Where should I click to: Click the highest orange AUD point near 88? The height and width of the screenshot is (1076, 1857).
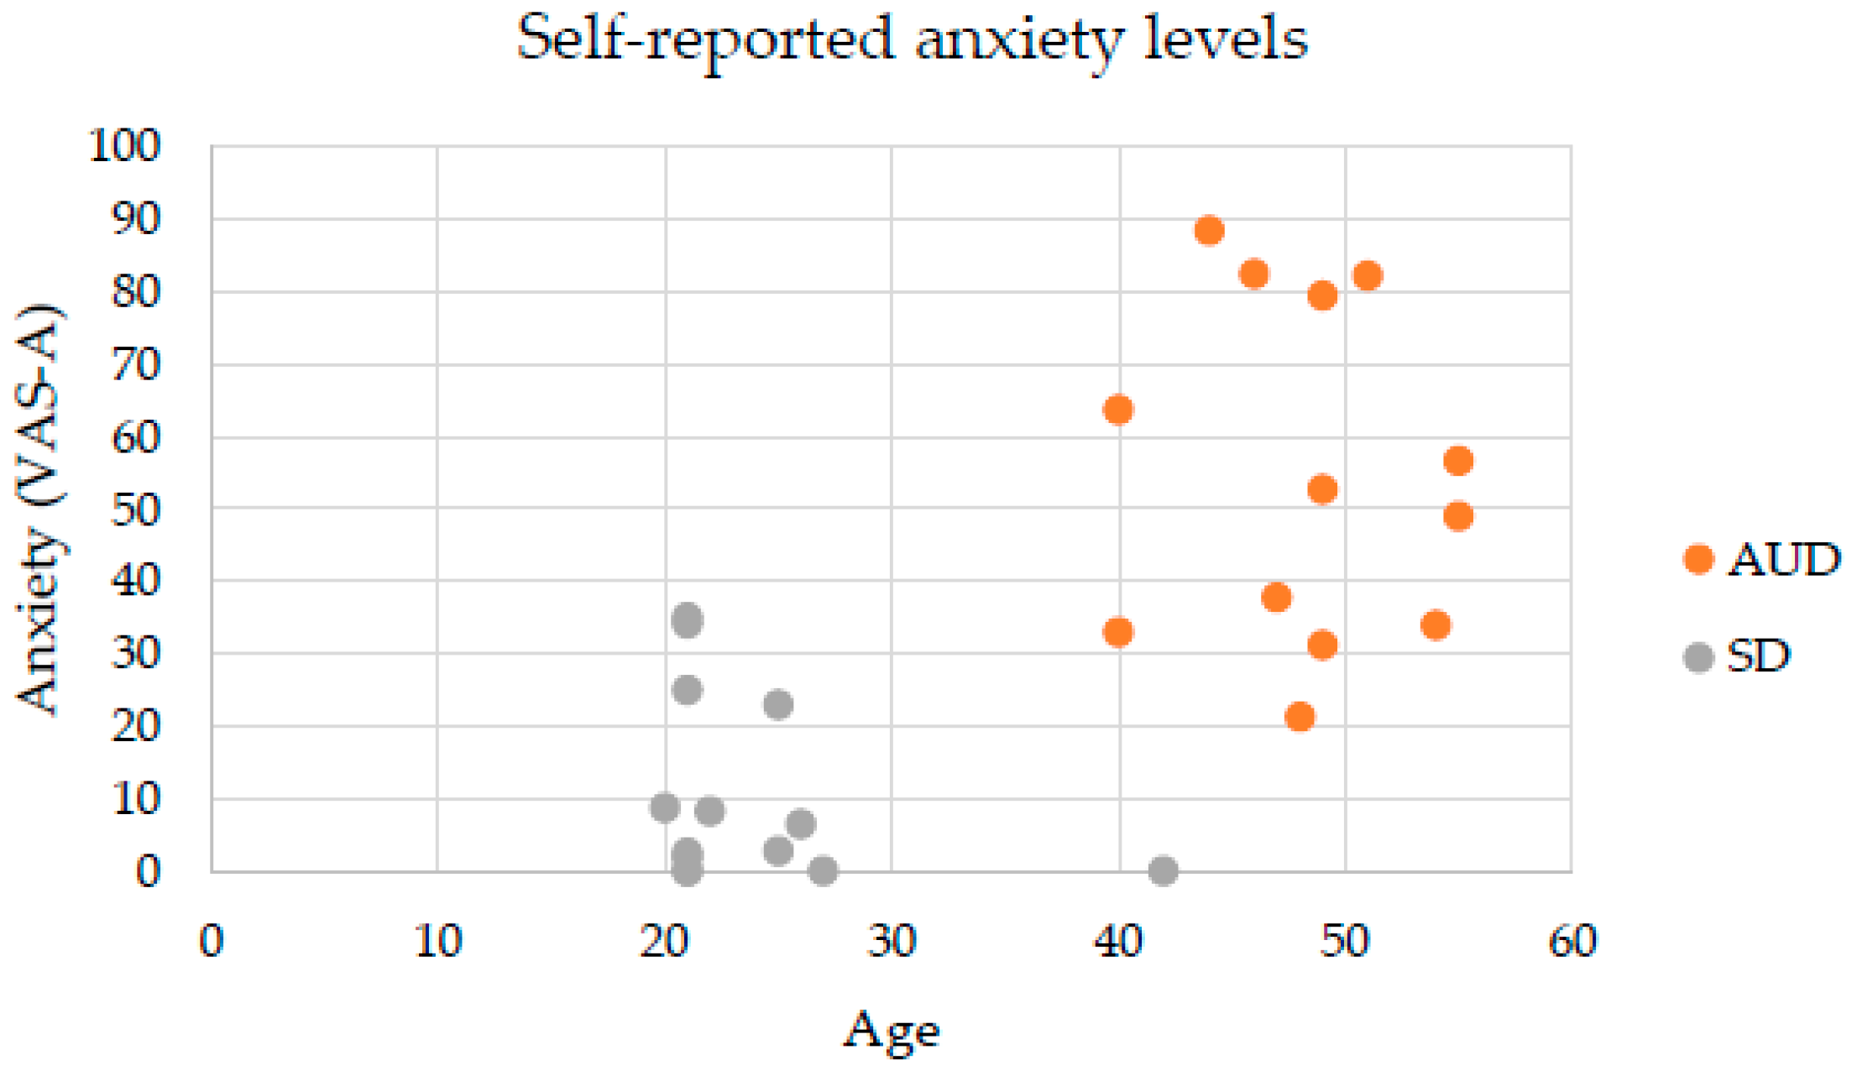[x=1208, y=230]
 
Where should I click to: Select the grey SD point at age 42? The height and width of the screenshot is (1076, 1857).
[x=1163, y=870]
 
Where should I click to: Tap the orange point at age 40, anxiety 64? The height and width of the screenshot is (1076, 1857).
[x=1118, y=410]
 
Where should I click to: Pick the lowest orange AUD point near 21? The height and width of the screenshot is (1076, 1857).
[x=1300, y=717]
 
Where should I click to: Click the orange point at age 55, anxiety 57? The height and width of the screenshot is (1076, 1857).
[x=1458, y=461]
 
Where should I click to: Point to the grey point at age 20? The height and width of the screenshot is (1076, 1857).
[x=664, y=807]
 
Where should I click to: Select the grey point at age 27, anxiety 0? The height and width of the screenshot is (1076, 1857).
[x=823, y=870]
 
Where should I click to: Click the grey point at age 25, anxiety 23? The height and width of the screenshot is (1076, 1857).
[x=778, y=704]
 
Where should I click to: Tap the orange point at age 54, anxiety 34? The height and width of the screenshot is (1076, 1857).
[x=1436, y=625]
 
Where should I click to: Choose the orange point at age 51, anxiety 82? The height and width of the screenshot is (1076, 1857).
[x=1368, y=275]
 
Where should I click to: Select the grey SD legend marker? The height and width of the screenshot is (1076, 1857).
[x=1698, y=657]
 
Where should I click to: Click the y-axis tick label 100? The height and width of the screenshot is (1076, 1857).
[x=124, y=145]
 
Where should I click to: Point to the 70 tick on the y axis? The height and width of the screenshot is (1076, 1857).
[x=135, y=365]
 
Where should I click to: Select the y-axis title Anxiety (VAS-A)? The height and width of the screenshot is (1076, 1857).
[x=39, y=509]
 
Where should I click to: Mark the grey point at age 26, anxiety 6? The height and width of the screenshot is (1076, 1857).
[x=801, y=824]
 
